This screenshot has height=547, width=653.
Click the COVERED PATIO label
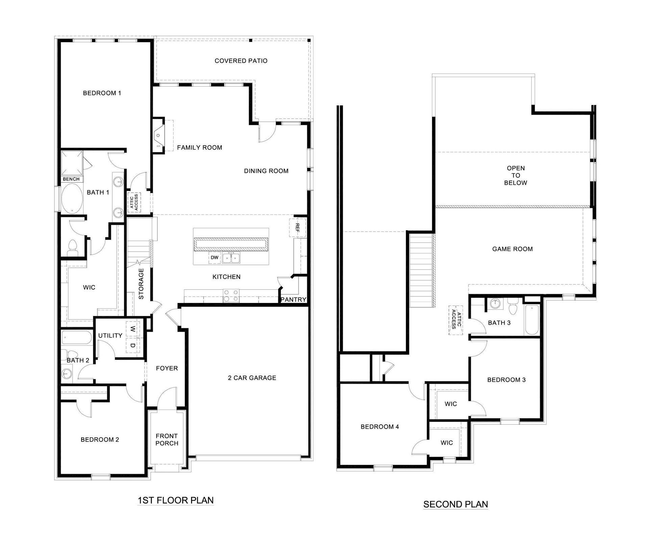pos(241,61)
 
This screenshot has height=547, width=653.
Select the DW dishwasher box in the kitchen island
pos(215,258)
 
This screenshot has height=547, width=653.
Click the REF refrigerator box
pos(297,228)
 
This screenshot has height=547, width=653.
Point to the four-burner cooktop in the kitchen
pos(231,296)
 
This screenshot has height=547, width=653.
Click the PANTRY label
pos(293,300)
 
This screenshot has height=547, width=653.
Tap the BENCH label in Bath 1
pos(71,179)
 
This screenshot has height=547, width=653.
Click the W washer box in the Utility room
pos(133,329)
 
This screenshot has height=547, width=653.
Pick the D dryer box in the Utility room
pos(133,346)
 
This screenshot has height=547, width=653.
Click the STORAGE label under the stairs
pos(141,284)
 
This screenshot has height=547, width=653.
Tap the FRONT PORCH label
pos(167,439)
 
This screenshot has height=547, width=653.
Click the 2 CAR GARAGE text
pos(252,378)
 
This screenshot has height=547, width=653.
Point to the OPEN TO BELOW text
pos(515,175)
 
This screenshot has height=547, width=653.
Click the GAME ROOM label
pos(512,249)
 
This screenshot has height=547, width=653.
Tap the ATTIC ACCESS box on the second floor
pos(456,320)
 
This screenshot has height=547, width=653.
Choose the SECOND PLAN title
pos(456,504)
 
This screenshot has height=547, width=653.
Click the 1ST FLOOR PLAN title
pos(175,500)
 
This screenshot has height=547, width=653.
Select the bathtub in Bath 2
pos(77,338)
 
